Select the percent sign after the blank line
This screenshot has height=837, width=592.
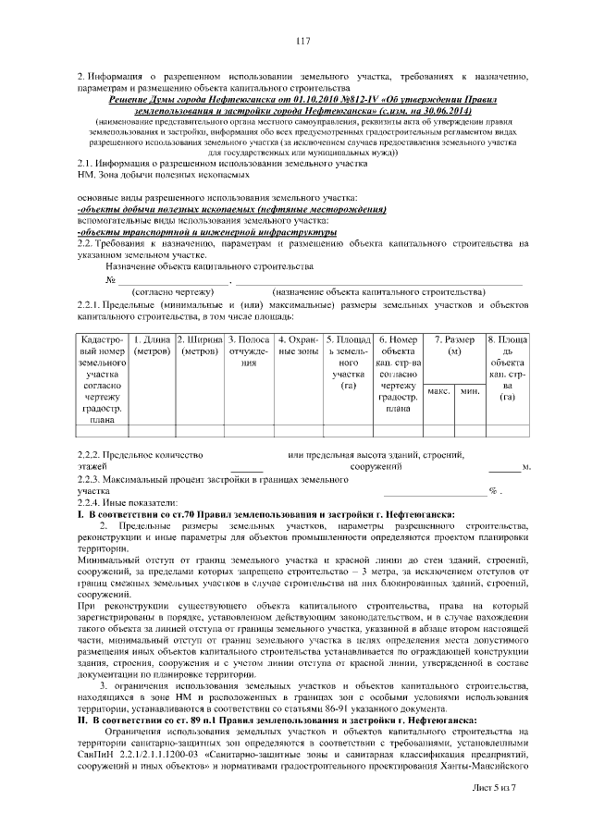point(494,490)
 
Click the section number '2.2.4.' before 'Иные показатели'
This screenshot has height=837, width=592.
point(91,502)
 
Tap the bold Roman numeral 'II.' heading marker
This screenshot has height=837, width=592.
point(82,718)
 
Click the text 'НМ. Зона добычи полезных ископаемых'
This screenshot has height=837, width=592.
point(152,174)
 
